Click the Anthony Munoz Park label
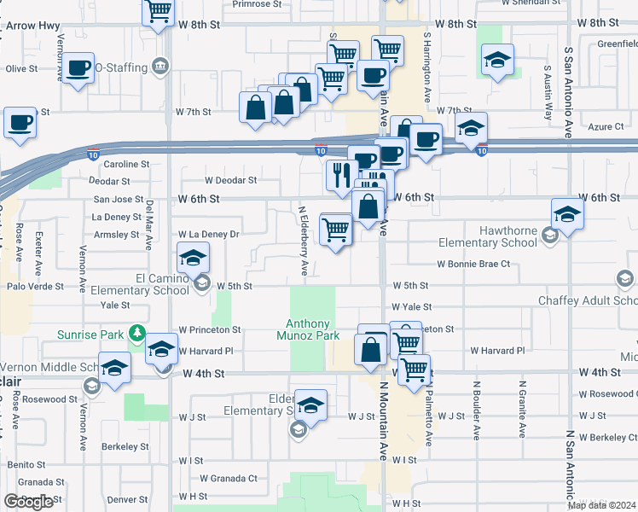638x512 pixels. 312,329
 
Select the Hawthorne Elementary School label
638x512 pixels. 487,242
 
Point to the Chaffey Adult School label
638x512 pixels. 587,300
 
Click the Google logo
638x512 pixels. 28,502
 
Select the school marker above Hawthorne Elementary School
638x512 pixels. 567,214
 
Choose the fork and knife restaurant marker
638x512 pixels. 339,175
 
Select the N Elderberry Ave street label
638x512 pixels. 303,240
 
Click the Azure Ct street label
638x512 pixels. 606,127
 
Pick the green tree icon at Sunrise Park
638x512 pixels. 136,333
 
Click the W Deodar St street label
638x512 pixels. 230,180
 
